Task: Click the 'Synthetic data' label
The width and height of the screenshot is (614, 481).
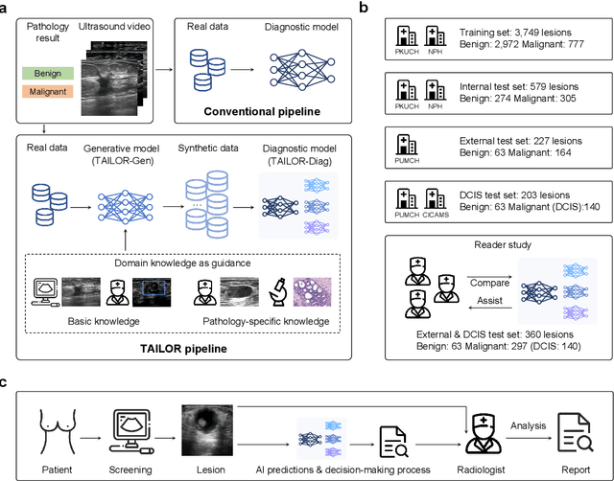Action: click(207, 149)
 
